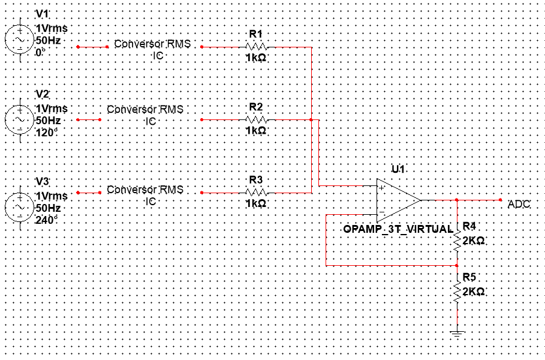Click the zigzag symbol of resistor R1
[x=256, y=47]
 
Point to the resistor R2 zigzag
[x=256, y=119]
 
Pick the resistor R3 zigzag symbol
[x=256, y=193]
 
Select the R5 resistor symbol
[x=457, y=290]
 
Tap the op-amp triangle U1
[x=399, y=200]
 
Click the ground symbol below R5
[x=457, y=335]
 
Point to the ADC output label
[x=519, y=204]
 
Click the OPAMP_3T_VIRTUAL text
[x=398, y=229]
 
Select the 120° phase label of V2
[x=47, y=133]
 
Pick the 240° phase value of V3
[x=47, y=220]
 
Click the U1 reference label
[x=398, y=169]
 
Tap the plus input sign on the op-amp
[x=382, y=188]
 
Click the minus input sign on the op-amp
[x=382, y=212]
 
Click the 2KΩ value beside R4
[x=474, y=241]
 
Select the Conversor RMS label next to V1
[x=152, y=44]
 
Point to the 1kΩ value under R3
[x=256, y=203]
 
